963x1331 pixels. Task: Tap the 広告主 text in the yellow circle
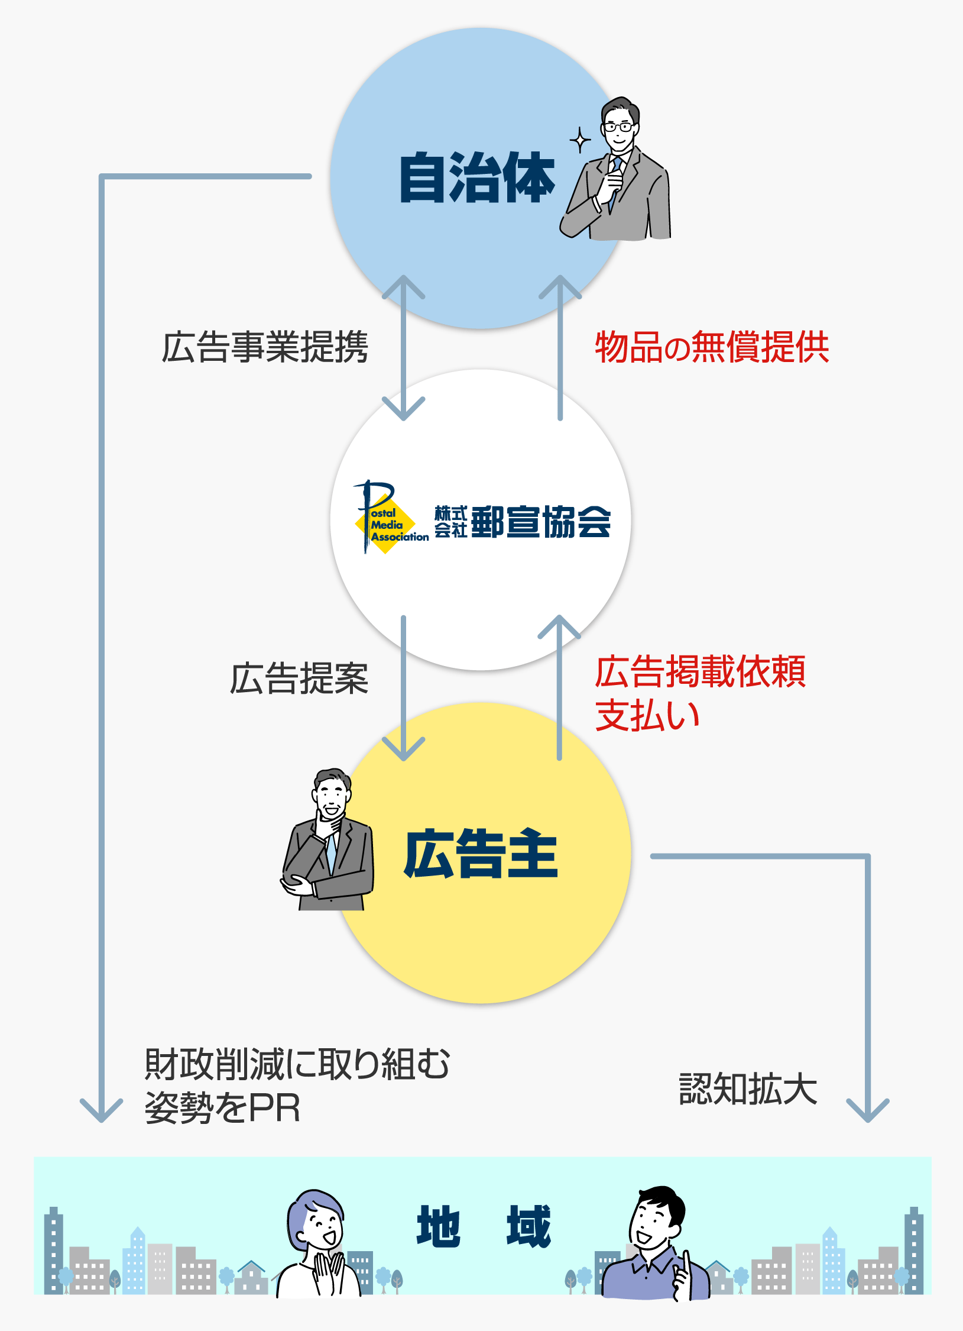[x=481, y=853]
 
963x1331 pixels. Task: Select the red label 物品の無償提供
[x=712, y=347]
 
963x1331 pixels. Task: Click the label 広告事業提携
[x=265, y=347]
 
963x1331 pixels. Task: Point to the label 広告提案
[x=299, y=679]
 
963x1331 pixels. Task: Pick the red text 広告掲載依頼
[x=701, y=672]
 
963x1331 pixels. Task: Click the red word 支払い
[x=647, y=715]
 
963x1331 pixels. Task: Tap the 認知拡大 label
[x=748, y=1089]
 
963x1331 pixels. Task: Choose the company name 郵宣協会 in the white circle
[x=540, y=522]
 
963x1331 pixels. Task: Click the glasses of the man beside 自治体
[x=618, y=127]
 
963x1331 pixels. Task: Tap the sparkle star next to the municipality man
[x=580, y=141]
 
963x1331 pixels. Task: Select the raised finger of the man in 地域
[x=686, y=1259]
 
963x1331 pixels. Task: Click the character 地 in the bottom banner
[x=438, y=1226]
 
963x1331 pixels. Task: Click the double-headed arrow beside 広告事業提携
[x=404, y=348]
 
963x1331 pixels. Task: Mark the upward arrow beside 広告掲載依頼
[x=559, y=686]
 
